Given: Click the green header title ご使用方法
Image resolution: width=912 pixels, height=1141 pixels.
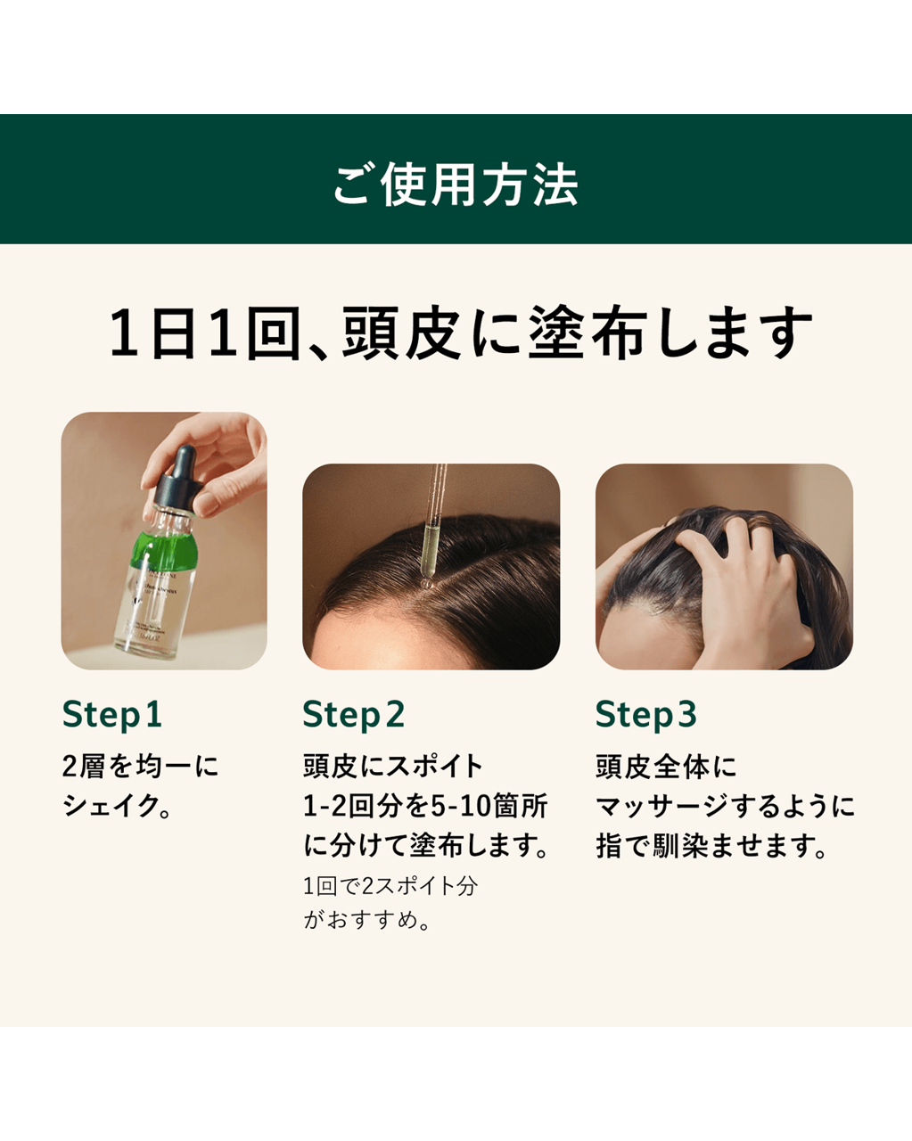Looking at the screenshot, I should pyautogui.click(x=456, y=185).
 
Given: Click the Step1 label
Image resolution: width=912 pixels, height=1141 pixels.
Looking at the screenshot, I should pyautogui.click(x=112, y=714).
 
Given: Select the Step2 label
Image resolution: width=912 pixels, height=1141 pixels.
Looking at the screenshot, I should pyautogui.click(x=354, y=714).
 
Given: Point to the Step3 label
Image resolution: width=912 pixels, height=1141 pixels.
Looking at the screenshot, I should pyautogui.click(x=646, y=714).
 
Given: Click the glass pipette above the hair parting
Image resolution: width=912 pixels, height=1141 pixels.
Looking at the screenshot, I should pyautogui.click(x=434, y=521).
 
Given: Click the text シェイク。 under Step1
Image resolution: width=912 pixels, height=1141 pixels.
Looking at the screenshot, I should pyautogui.click(x=117, y=806).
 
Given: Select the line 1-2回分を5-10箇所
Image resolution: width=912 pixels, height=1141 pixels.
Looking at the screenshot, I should pyautogui.click(x=425, y=806).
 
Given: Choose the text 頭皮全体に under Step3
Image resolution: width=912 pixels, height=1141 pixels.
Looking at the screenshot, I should pyautogui.click(x=666, y=767).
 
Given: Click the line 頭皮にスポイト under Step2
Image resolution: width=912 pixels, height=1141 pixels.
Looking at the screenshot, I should pyautogui.click(x=393, y=767).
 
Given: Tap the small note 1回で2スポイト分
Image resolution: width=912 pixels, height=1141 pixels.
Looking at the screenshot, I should pyautogui.click(x=390, y=886).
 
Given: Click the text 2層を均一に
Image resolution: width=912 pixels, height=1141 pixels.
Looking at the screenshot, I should pyautogui.click(x=140, y=767).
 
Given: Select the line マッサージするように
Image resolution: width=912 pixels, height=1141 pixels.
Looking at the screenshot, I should pyautogui.click(x=725, y=806).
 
